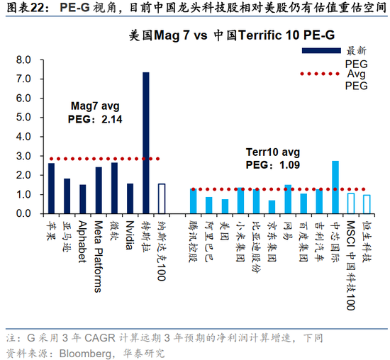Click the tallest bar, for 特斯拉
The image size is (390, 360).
coord(145,142)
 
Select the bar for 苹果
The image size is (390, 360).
coord(51,188)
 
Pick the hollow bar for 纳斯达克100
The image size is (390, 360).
coord(161,198)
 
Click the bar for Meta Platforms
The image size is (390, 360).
coord(99,190)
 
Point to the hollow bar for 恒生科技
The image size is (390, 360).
coord(367,204)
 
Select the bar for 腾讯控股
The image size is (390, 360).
coord(193,201)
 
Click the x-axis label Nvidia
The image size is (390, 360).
coord(130,234)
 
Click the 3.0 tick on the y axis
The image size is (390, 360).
coord(23,156)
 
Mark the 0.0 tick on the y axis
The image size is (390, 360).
coord(23,213)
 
